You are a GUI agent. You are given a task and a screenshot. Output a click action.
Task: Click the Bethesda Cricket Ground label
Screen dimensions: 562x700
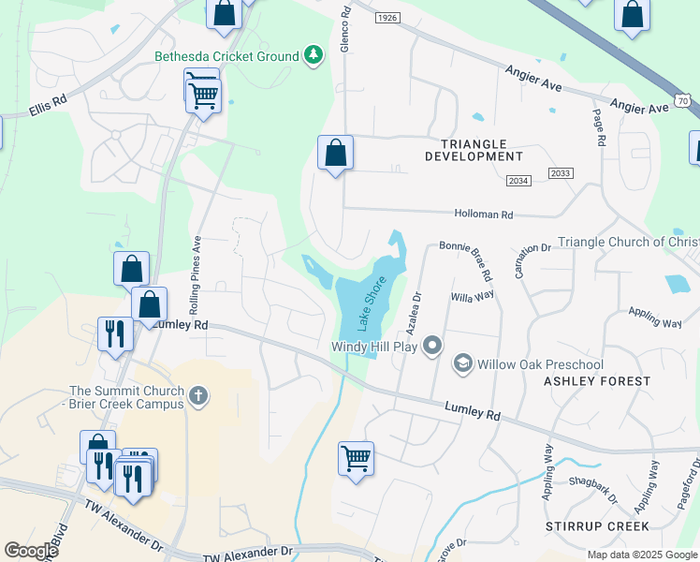coord(226,56)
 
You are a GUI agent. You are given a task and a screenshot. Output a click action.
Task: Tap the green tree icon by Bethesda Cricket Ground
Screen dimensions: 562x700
coord(314,56)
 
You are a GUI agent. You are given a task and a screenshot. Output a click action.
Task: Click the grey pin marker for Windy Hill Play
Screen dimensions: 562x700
coord(431,347)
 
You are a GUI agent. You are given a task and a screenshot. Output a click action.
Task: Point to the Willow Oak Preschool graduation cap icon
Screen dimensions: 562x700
coord(462,363)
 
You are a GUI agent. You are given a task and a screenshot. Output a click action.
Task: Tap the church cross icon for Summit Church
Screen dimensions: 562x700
coord(197,395)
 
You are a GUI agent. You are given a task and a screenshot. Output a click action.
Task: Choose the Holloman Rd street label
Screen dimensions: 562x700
coord(484,214)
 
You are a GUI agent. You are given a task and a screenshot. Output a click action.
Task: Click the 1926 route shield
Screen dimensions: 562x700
coord(387,18)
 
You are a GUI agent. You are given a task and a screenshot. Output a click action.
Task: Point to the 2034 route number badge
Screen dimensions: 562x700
coord(518,180)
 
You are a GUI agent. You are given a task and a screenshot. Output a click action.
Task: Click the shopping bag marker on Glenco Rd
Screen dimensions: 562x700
coord(335,153)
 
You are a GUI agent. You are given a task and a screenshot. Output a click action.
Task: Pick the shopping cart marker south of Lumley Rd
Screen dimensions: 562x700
coord(356,458)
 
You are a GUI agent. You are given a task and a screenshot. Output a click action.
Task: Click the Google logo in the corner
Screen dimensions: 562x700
coord(31,551)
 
